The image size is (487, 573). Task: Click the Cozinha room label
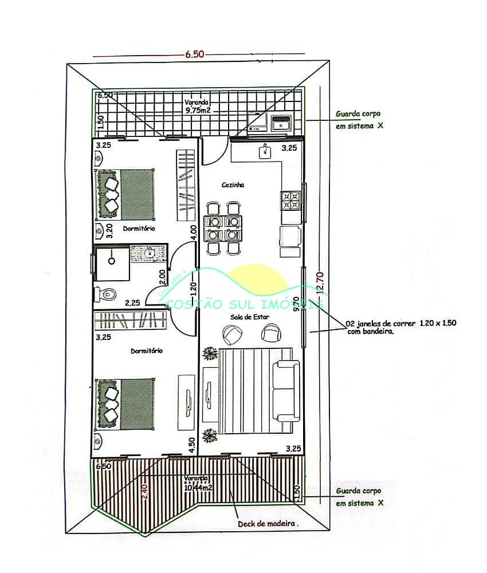pyautogui.click(x=233, y=185)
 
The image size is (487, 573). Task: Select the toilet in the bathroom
pyautogui.click(x=105, y=294)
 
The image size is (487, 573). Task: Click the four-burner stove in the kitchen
pyautogui.click(x=290, y=200)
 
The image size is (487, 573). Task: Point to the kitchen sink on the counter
pyautogui.click(x=265, y=152)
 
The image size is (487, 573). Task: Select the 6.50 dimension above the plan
pyautogui.click(x=194, y=54)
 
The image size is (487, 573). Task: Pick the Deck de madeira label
pyautogui.click(x=268, y=523)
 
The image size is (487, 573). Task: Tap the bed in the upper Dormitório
pyautogui.click(x=125, y=194)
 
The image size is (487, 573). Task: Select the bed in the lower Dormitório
pyautogui.click(x=125, y=403)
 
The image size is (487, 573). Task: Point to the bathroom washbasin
pyautogui.click(x=150, y=252)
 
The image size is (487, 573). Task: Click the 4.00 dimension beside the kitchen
pyautogui.click(x=194, y=232)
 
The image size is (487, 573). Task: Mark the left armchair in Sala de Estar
pyautogui.click(x=232, y=333)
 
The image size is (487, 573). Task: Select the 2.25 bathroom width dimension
pyautogui.click(x=133, y=303)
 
